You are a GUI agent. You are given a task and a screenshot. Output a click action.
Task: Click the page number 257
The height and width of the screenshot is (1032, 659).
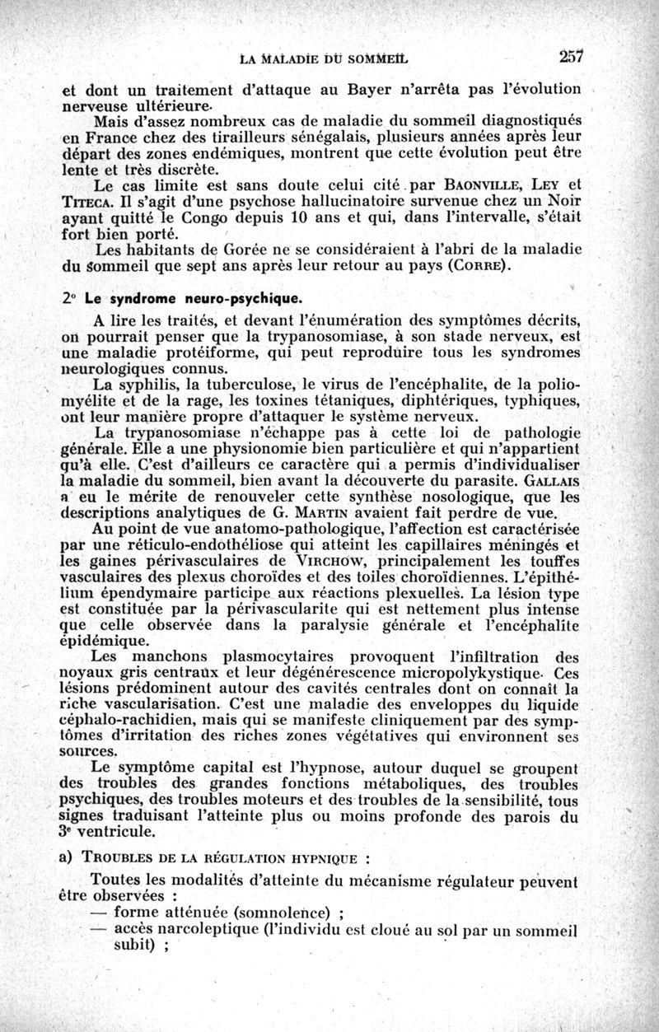[x=570, y=57]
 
